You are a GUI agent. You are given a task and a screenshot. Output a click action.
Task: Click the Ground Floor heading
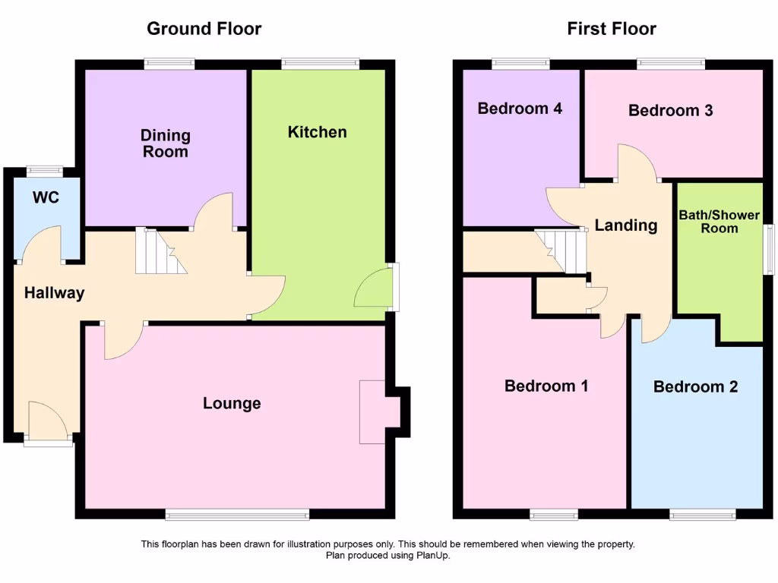[x=204, y=29]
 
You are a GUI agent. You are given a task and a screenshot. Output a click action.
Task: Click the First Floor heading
[x=612, y=29]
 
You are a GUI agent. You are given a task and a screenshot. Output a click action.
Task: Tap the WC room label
[x=46, y=198]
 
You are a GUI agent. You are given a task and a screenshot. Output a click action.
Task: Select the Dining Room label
[x=165, y=143]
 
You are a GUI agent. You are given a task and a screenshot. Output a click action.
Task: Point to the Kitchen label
[x=317, y=132]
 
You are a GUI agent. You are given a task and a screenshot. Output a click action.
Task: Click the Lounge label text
[x=232, y=403]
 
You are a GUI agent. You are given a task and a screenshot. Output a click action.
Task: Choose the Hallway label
[x=54, y=293]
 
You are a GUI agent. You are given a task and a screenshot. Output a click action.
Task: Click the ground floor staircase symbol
[x=160, y=251]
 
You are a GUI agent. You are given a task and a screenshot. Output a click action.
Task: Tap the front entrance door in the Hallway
[x=48, y=421]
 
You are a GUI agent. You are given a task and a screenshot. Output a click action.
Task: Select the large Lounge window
[x=237, y=515]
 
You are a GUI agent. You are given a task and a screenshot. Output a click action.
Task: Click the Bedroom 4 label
[x=520, y=109]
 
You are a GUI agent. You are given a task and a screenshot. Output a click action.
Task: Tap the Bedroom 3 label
[x=670, y=111]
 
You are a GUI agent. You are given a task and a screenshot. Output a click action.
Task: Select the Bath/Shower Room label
[x=719, y=222]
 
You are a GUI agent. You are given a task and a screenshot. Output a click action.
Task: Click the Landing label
[x=625, y=225]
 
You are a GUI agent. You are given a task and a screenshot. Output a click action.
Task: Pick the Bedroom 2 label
[x=695, y=387]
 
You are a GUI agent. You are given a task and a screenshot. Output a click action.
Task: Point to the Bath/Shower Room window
[x=768, y=250]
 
